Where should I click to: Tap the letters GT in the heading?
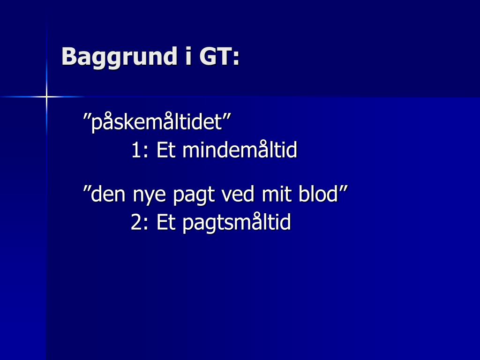[x=216, y=56]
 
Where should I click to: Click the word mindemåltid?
[x=240, y=150]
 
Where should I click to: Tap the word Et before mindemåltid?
[x=166, y=150]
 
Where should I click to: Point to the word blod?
[x=318, y=194]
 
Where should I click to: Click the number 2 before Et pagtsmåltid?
[x=136, y=222]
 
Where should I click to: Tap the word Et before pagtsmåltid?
[x=166, y=222]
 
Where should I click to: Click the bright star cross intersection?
[x=46, y=97]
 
